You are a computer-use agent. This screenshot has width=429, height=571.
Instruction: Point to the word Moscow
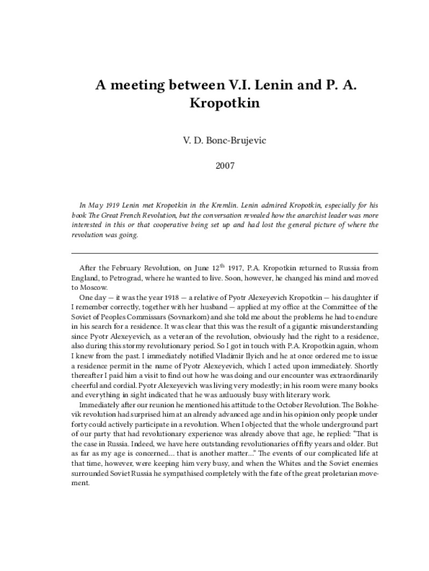91,287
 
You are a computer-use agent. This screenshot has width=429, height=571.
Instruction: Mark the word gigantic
293,327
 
